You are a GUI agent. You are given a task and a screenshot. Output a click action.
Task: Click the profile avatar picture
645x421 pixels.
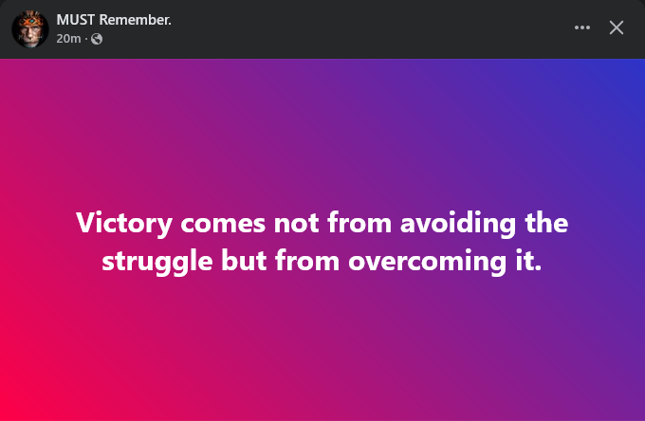pos(30,29)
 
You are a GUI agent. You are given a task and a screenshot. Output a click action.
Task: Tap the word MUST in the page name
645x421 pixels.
pos(75,20)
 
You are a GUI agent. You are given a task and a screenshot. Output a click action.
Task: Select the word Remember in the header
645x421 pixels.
pos(134,20)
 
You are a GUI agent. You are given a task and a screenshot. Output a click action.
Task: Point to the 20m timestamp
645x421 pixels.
pos(68,39)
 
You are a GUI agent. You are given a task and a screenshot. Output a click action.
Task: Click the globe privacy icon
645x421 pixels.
pos(97,39)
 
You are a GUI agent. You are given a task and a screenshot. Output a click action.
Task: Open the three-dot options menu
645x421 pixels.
pos(582,27)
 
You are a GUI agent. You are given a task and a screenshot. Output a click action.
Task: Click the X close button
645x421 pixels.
pos(617,27)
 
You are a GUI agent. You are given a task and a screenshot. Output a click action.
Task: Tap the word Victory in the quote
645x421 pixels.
pos(124,224)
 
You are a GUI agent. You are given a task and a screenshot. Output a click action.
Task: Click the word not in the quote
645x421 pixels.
pos(296,224)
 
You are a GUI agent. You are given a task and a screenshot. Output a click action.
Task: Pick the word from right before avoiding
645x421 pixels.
pos(359,223)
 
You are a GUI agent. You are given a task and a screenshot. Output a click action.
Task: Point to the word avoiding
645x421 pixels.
pos(458,224)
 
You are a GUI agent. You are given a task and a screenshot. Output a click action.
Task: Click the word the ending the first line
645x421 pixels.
pos(546,223)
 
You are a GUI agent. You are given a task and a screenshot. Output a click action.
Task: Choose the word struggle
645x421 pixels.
pos(157,262)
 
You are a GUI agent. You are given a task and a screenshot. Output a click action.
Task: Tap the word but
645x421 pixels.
pos(244,261)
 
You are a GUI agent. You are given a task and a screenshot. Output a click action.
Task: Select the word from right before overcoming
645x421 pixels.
pos(307,261)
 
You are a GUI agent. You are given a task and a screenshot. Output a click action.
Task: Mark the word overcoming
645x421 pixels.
pos(428,263)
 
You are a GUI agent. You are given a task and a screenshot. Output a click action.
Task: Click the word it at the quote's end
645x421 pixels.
pos(524,261)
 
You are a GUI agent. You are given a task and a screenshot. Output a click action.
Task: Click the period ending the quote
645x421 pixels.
pos(538,269)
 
